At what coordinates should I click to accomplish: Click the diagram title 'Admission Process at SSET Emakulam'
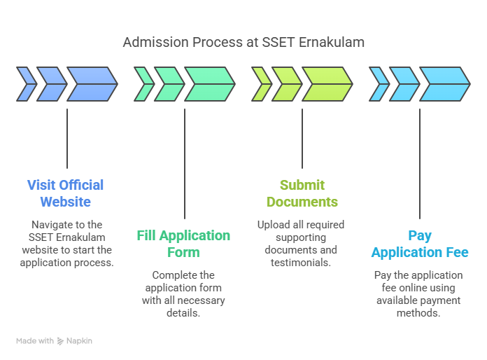[243, 42]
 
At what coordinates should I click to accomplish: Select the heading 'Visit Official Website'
[66, 193]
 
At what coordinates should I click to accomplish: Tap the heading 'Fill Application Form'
[183, 244]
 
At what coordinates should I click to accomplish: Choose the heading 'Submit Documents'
[302, 193]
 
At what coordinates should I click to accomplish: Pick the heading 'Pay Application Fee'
[420, 244]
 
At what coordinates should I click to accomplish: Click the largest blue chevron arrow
[91, 84]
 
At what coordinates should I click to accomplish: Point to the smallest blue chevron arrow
[25, 84]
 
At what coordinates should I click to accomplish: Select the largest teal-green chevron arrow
[209, 84]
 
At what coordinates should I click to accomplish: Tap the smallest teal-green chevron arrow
[143, 84]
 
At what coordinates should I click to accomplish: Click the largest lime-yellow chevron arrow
[326, 84]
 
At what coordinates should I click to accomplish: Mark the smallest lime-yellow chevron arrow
[260, 84]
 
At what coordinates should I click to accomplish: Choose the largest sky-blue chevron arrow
[444, 84]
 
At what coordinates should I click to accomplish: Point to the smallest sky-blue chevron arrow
[378, 84]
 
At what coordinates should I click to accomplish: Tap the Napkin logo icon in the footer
[61, 341]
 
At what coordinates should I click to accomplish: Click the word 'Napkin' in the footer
[80, 341]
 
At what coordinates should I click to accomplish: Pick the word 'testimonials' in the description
[302, 263]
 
